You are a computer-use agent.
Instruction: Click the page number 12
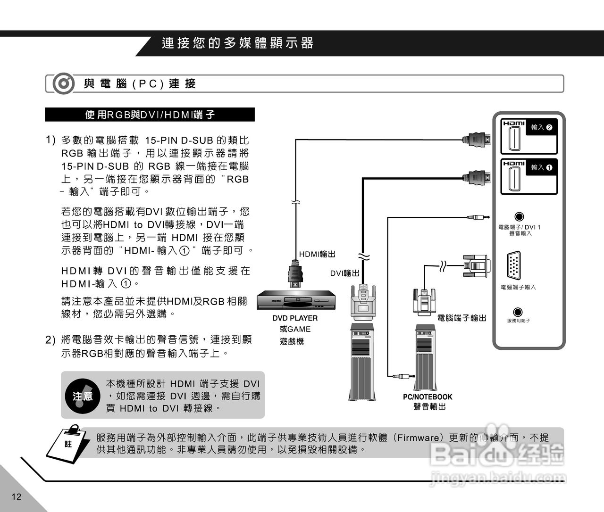point(17,496)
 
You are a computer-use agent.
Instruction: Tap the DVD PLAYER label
point(295,318)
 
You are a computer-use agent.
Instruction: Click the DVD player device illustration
point(296,301)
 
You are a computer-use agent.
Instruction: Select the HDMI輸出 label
point(317,255)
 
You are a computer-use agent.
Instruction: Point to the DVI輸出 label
point(344,273)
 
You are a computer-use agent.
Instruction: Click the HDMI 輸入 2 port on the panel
point(514,138)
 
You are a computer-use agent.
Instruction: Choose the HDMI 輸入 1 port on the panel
point(514,178)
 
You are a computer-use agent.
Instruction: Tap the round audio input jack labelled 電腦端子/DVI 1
point(519,217)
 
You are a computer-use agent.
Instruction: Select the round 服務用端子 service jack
point(518,312)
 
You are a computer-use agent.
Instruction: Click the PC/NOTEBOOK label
point(428,397)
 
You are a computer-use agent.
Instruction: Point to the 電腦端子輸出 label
point(461,318)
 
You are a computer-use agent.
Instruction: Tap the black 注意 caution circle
point(83,396)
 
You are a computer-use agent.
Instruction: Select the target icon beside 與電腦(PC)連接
point(63,84)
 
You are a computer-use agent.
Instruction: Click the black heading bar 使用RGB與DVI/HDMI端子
point(150,115)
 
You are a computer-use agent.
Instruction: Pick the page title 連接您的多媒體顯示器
point(237,43)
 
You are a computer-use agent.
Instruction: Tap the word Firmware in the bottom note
point(418,438)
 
